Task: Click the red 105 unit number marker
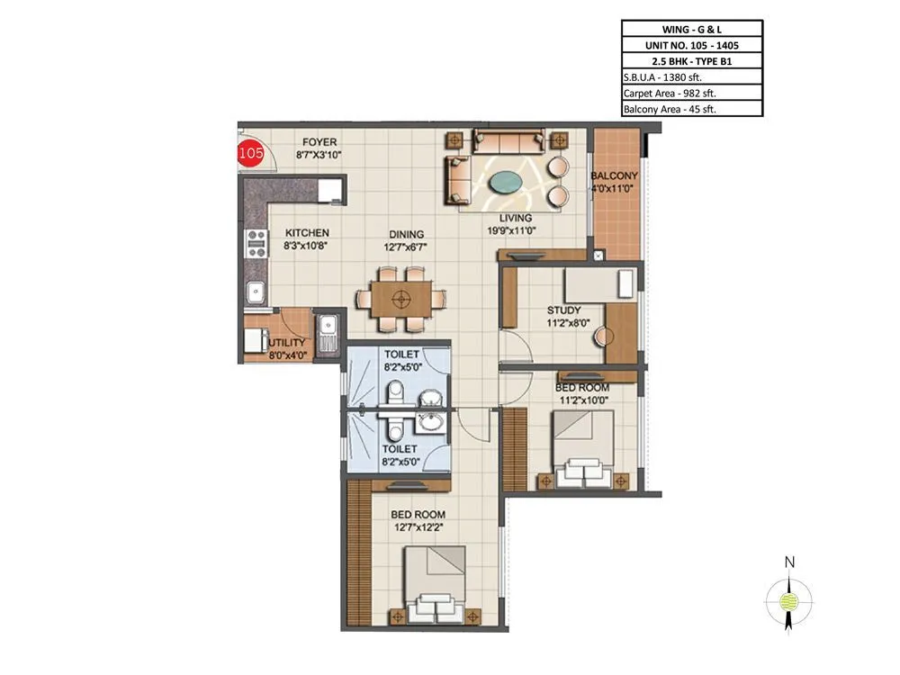tap(251, 154)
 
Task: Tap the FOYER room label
tap(319, 142)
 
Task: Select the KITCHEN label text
tap(307, 232)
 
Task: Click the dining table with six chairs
tap(402, 298)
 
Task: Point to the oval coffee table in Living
tap(509, 181)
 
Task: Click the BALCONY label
tap(614, 175)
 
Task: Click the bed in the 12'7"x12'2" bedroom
tap(435, 584)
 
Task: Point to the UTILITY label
tap(287, 343)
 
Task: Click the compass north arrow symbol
tap(789, 595)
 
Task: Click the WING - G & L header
tap(691, 29)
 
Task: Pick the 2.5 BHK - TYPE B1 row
tap(691, 60)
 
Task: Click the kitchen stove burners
tap(256, 241)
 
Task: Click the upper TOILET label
tap(399, 355)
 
